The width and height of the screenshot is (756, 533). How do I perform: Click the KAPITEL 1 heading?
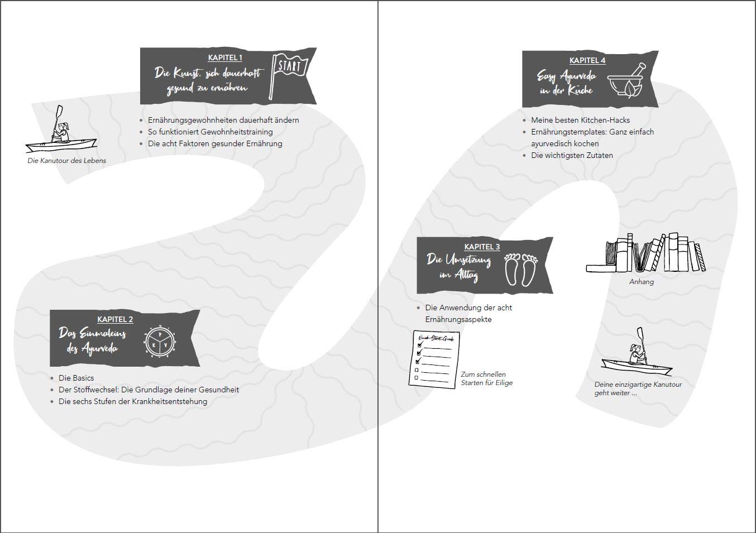(225, 57)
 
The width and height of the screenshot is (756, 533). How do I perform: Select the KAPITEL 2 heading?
(115, 319)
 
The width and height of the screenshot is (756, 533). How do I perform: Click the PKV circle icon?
(160, 342)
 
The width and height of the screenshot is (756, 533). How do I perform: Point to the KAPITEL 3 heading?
(482, 247)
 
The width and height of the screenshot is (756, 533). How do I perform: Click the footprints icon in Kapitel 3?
(521, 270)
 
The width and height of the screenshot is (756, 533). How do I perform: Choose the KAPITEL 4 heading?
(587, 60)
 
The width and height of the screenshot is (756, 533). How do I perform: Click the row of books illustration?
(645, 252)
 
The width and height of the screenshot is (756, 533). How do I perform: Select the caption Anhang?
(641, 282)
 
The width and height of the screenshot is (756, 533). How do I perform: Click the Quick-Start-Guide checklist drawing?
(434, 359)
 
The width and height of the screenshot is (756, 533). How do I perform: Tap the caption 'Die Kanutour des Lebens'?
(67, 161)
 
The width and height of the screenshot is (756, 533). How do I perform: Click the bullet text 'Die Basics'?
(76, 378)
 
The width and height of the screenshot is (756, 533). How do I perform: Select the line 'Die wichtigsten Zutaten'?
(572, 156)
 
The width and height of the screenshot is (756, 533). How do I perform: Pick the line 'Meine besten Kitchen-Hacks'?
(581, 120)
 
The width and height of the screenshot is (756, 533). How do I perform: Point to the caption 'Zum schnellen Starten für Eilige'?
(487, 378)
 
